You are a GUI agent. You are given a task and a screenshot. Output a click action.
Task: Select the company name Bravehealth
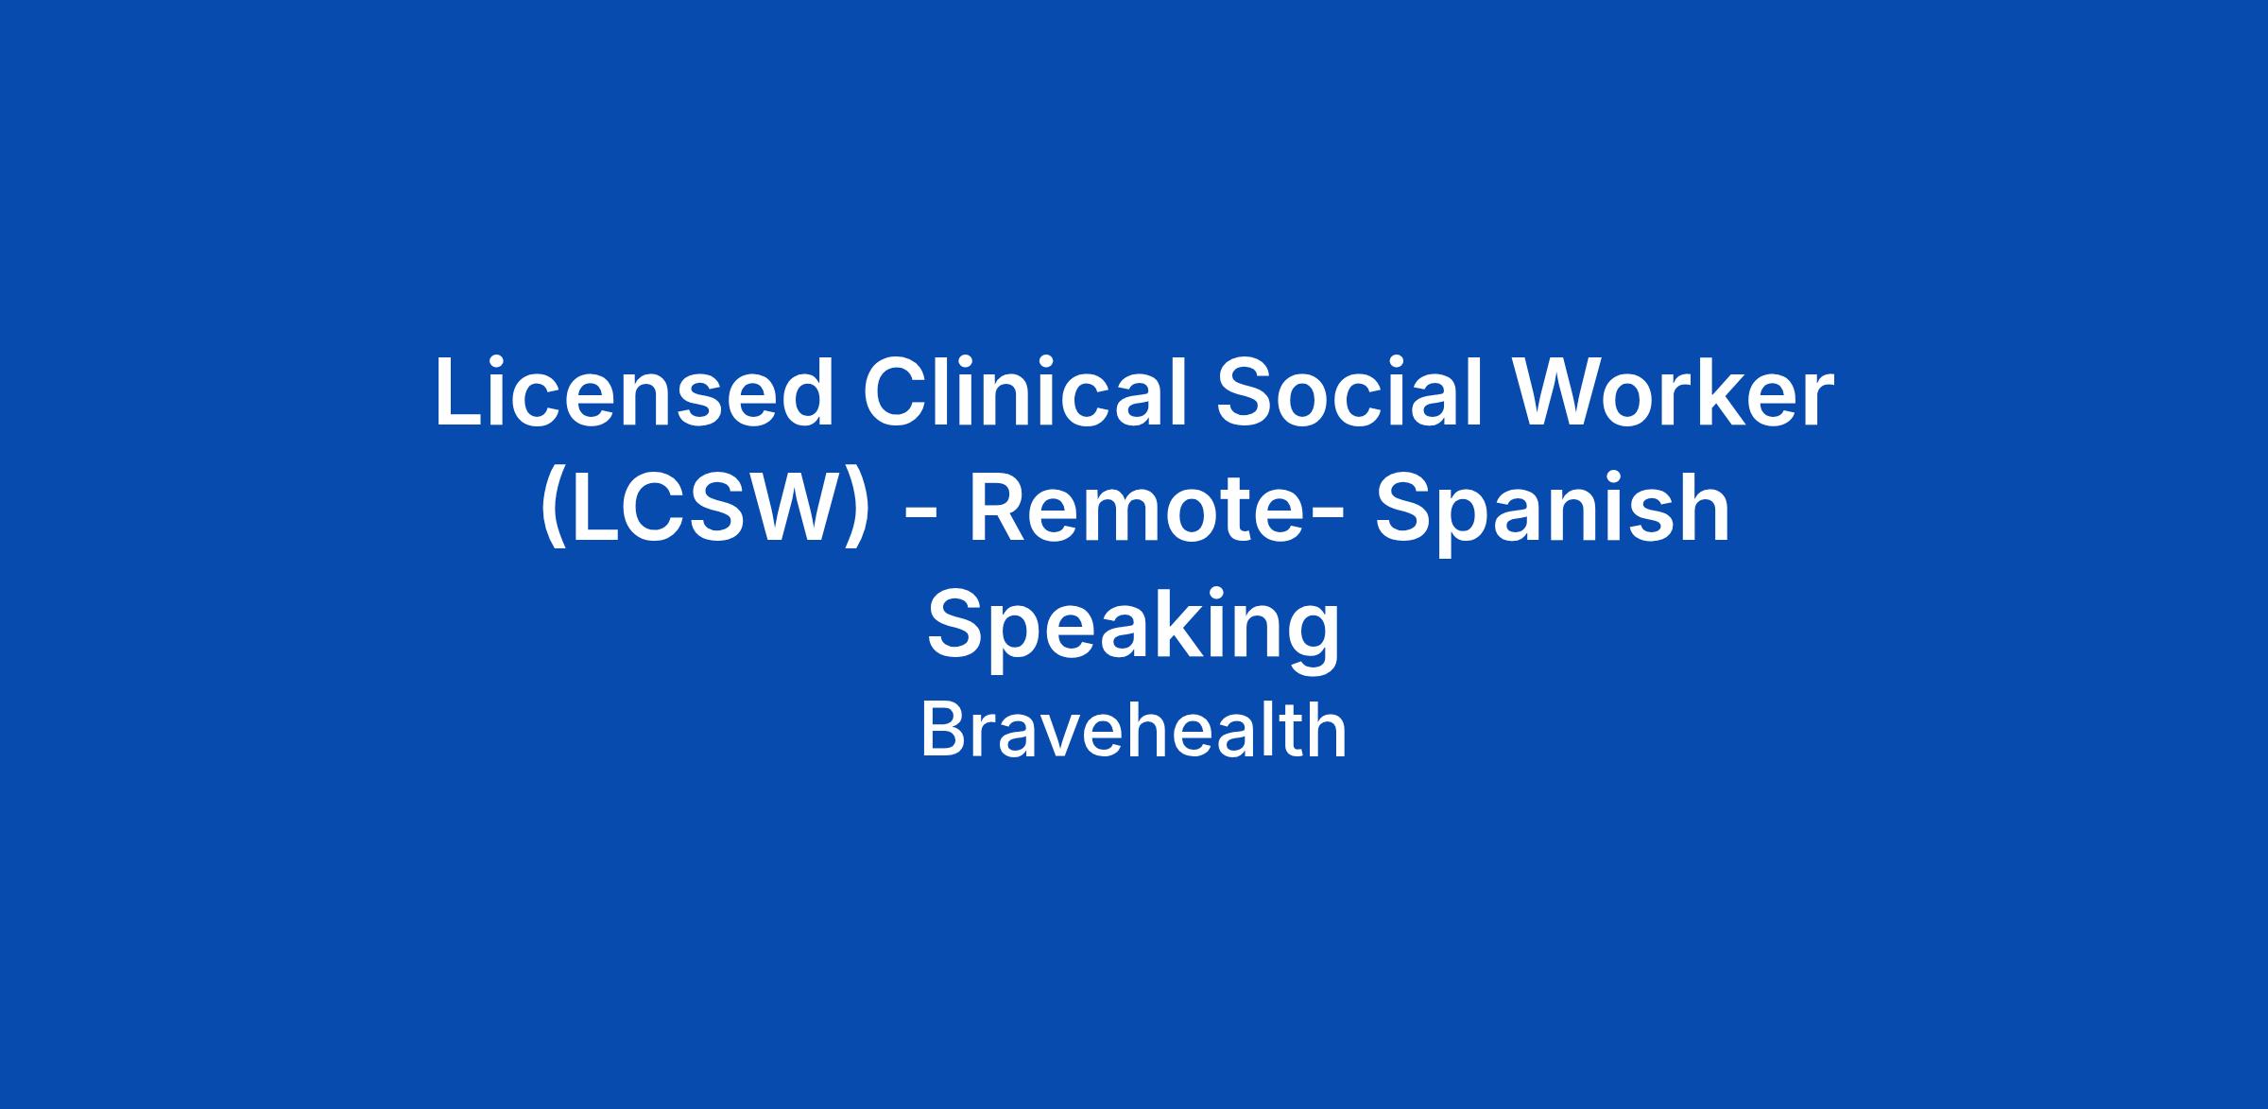click(1133, 731)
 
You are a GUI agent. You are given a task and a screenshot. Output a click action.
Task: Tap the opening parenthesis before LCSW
click(554, 511)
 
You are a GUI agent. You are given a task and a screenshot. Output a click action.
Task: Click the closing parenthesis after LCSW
click(856, 511)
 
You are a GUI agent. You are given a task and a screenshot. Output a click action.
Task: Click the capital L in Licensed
click(457, 393)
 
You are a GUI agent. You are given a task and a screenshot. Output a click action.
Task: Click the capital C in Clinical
click(896, 393)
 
